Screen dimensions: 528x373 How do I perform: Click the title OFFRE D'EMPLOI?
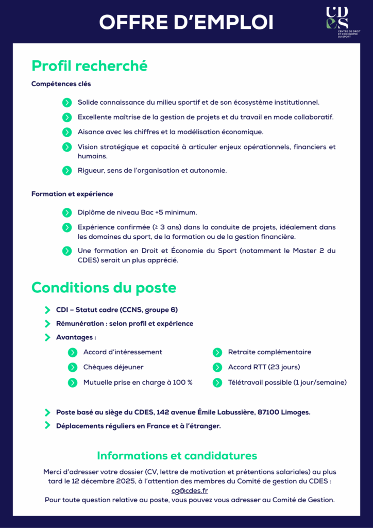tap(186, 22)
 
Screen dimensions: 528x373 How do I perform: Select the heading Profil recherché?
tap(90, 66)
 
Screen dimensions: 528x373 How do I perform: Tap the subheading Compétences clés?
tap(61, 84)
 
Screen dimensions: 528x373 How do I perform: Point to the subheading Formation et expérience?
tap(72, 194)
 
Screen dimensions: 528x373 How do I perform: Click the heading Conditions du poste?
tap(104, 287)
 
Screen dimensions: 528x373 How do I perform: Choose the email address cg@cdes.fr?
tap(190, 491)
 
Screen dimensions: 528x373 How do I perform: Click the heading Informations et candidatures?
tap(177, 456)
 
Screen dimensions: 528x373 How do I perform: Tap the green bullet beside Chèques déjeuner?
tap(73, 367)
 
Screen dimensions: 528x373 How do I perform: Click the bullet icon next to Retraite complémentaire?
tap(217, 352)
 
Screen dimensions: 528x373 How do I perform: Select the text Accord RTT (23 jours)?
tap(264, 367)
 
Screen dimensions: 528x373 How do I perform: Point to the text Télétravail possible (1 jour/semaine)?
tap(287, 382)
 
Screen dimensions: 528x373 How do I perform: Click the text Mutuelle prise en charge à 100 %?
tap(138, 382)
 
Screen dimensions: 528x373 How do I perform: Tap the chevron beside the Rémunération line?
tap(47, 324)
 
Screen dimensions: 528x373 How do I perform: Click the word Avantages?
tap(75, 338)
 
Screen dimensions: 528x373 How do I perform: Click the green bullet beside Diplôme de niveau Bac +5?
tap(67, 212)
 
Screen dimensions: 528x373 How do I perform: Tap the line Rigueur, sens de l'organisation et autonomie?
tap(152, 170)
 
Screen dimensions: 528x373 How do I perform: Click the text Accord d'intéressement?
tap(123, 352)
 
